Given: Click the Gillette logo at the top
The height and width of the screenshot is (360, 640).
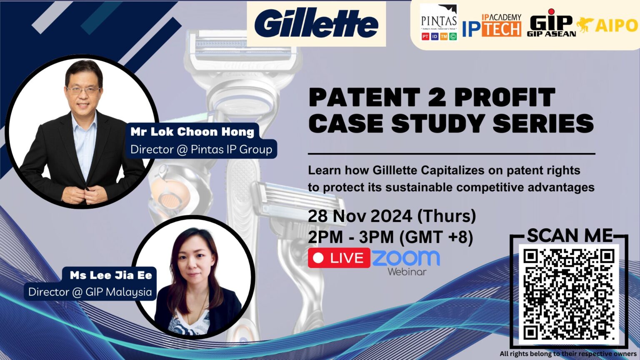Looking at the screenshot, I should click(x=316, y=24).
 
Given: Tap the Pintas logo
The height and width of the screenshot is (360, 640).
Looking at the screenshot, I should click(x=438, y=22).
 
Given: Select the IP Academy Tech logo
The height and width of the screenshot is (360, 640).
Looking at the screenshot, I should click(x=492, y=25).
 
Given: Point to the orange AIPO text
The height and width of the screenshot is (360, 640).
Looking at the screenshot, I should click(x=616, y=25).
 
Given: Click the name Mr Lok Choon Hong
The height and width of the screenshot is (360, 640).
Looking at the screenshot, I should click(x=192, y=132).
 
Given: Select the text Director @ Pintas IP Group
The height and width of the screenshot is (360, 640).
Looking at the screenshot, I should click(x=201, y=150).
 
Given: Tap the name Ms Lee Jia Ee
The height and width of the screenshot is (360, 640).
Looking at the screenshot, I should click(x=111, y=275).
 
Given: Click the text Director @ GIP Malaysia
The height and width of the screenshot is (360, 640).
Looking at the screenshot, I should click(x=90, y=292).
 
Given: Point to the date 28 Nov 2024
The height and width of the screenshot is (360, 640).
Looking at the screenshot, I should click(x=360, y=216).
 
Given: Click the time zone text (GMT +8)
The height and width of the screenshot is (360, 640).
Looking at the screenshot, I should click(x=436, y=237).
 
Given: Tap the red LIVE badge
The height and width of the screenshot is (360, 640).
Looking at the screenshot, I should click(x=339, y=258).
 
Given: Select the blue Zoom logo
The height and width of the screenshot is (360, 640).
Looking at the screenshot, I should click(x=406, y=258).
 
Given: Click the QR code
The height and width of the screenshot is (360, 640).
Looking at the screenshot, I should click(x=569, y=294).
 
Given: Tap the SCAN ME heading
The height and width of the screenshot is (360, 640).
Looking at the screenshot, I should click(x=570, y=236).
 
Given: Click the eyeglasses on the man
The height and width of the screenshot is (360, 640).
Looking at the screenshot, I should click(x=83, y=90).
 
